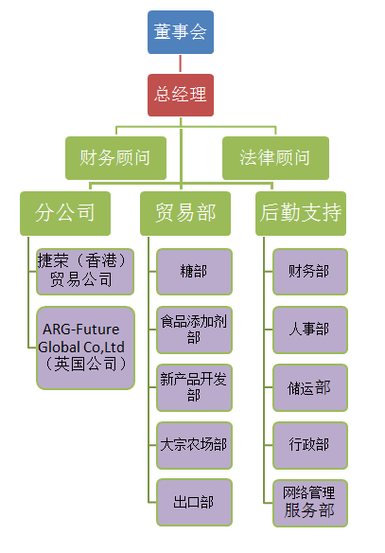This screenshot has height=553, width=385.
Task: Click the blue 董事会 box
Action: click(x=181, y=32)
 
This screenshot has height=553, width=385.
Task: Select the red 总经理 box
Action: click(x=181, y=95)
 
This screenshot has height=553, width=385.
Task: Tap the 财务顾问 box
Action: click(x=115, y=158)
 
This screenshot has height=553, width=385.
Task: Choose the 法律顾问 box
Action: click(x=275, y=158)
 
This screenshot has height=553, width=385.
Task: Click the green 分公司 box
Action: click(x=65, y=213)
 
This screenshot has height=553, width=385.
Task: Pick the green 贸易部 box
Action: click(x=185, y=213)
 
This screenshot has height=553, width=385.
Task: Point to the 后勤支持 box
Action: click(x=301, y=213)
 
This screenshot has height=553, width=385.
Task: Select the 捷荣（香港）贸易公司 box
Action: click(x=85, y=272)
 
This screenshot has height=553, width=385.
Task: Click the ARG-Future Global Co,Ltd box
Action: click(x=85, y=348)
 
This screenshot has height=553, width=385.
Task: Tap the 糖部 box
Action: click(x=194, y=272)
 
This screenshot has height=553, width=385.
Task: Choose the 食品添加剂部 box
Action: click(x=194, y=330)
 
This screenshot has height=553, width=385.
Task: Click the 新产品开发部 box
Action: click(x=194, y=387)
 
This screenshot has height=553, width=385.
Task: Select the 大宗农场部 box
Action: click(x=194, y=445)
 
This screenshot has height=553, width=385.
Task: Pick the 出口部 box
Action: click(x=194, y=502)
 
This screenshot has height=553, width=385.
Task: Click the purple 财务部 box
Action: click(x=310, y=272)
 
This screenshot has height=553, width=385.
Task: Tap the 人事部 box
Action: click(x=310, y=330)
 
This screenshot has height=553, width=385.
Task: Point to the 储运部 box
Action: click(x=310, y=387)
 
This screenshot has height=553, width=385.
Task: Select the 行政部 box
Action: click(x=310, y=445)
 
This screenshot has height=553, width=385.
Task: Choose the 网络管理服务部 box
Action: click(x=310, y=503)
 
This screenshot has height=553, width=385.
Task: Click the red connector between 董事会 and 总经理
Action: click(x=181, y=63)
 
